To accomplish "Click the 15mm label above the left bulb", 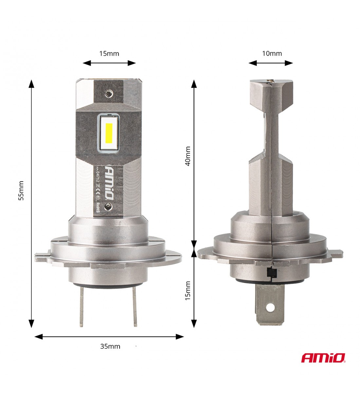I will click(109, 53).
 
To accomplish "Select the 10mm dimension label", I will click(272, 53).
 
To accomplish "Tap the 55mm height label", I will click(21, 190).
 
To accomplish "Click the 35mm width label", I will click(110, 346).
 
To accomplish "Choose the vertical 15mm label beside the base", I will click(188, 290).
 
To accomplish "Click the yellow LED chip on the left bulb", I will click(109, 134).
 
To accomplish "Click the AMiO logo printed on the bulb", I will click(109, 182).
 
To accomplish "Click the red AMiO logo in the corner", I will click(323, 358).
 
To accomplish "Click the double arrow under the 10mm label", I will click(270, 63).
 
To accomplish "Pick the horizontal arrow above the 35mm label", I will click(109, 336).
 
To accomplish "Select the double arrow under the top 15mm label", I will click(109, 63).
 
